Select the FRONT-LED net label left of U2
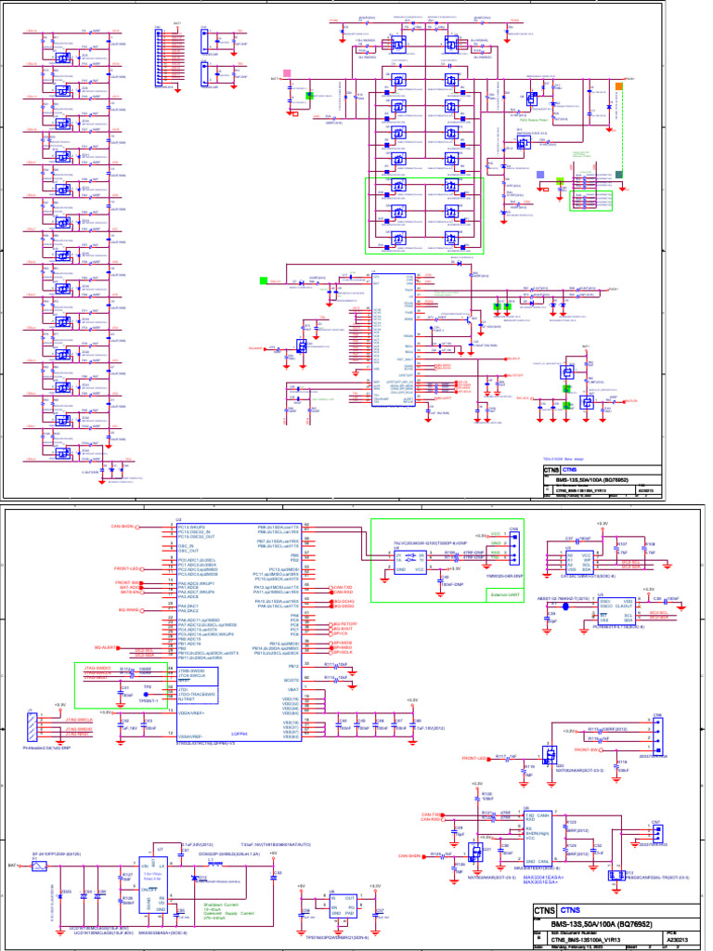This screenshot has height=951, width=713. (x=127, y=567)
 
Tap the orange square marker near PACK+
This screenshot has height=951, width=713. (x=618, y=86)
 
